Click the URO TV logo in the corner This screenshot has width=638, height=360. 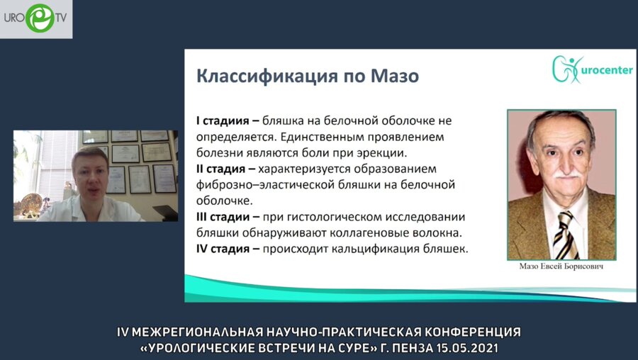click(35, 18)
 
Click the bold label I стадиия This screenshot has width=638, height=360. click(223, 121)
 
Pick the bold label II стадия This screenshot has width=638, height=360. click(225, 169)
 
